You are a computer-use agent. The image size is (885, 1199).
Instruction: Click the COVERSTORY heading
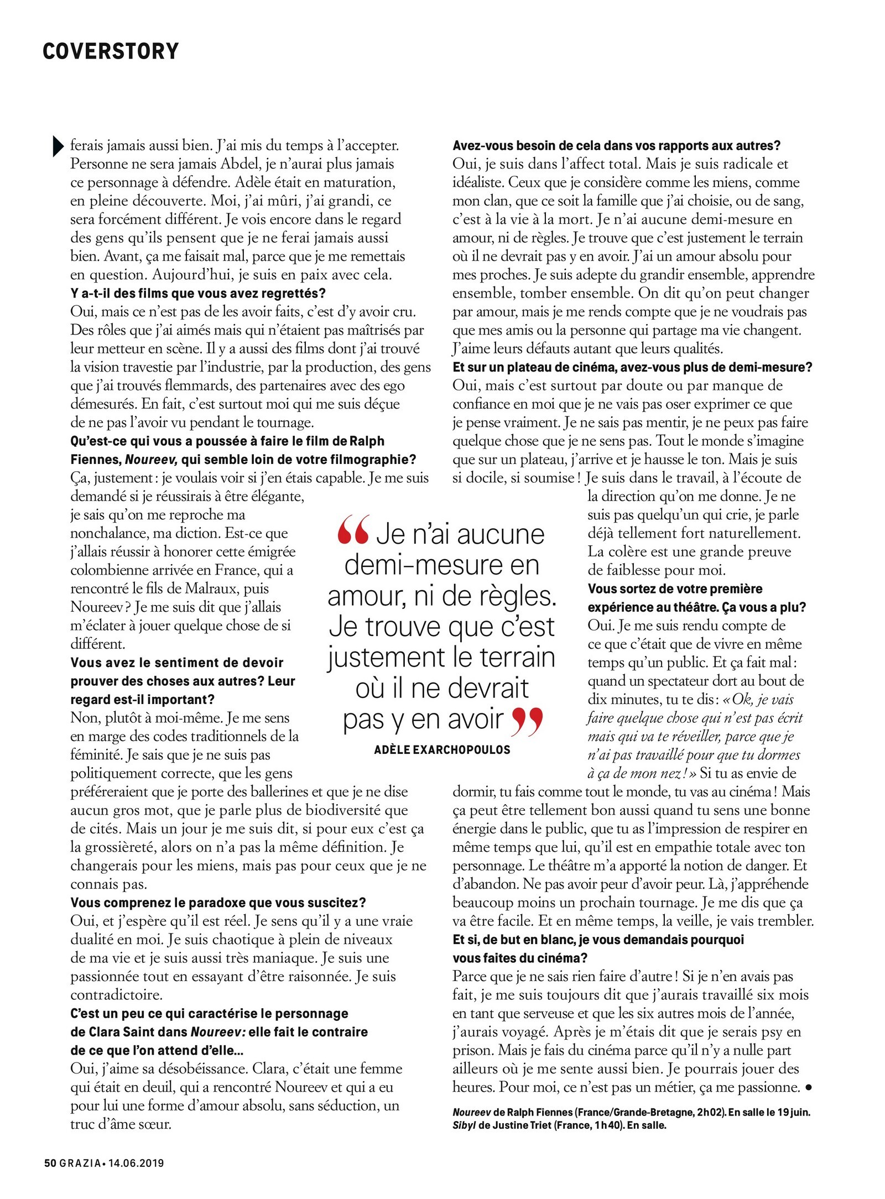pyautogui.click(x=111, y=51)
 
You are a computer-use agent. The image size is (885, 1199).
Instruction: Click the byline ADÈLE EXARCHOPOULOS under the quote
pyautogui.click(x=442, y=750)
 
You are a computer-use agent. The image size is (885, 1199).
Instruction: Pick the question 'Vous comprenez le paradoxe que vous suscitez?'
pyautogui.click(x=218, y=903)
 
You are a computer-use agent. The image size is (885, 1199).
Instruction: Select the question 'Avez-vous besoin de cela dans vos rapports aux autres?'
pyautogui.click(x=616, y=145)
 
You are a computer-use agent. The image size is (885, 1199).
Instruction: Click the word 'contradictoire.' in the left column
pyautogui.click(x=116, y=995)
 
